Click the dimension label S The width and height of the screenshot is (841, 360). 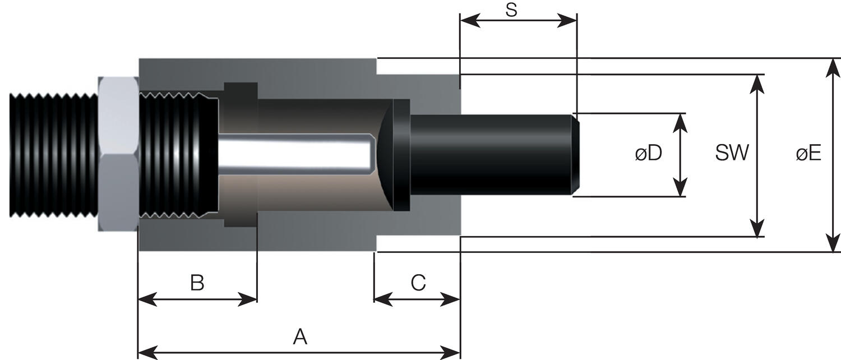511,10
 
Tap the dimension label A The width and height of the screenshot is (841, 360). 300,336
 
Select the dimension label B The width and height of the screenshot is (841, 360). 197,283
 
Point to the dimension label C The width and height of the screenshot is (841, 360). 418,283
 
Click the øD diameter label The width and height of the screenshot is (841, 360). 649,153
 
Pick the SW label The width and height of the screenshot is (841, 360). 732,153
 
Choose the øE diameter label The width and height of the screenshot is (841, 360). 808,153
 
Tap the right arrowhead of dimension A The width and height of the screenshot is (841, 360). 450,353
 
